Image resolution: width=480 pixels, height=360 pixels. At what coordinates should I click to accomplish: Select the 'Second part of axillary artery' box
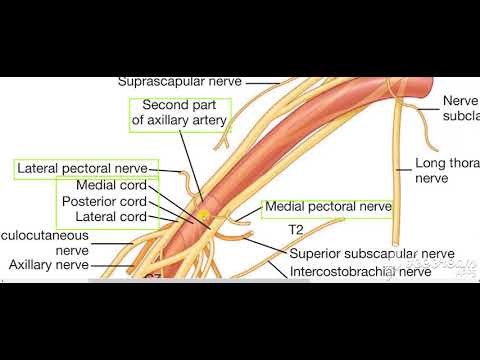coord(180,113)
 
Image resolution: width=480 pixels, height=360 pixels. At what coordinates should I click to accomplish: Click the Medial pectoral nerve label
coord(327,208)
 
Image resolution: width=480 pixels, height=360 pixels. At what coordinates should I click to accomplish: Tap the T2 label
coord(296,229)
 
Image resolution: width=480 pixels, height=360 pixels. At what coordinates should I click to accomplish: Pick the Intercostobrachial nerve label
coord(361,270)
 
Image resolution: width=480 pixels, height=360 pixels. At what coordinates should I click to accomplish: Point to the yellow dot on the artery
coord(203,214)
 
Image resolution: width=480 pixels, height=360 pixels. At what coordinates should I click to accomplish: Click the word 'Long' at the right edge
coord(430,163)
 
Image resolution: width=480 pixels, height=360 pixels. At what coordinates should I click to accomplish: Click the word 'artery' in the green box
coord(208,121)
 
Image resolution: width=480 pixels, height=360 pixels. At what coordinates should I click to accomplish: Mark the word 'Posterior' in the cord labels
coord(88,201)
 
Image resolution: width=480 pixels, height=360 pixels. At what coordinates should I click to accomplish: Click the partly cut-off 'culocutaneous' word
coord(44,234)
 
